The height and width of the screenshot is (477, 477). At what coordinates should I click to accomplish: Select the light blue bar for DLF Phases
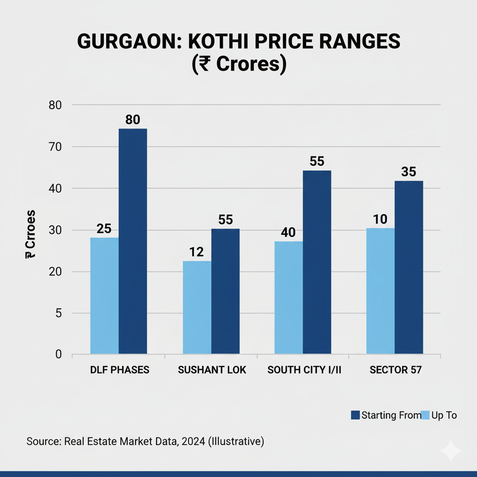[x=104, y=295]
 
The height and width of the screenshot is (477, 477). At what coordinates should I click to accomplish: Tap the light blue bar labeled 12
[x=197, y=307]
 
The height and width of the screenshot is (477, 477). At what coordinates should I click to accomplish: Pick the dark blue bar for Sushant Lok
[x=225, y=291]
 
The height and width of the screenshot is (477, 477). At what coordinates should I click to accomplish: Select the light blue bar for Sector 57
[x=380, y=291]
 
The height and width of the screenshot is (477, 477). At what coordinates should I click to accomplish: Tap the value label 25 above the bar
[x=104, y=229]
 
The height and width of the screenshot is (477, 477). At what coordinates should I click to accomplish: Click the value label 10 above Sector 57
[x=381, y=219]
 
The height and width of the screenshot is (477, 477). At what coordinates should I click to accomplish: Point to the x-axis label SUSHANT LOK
[x=212, y=370]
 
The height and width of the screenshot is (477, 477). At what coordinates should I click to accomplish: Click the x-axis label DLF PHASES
[x=119, y=370]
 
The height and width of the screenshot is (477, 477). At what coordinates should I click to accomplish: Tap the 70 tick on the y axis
[x=55, y=147]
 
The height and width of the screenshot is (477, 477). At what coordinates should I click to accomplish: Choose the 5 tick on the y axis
[x=58, y=313]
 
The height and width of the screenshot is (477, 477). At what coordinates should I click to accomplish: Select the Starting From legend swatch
[x=355, y=415]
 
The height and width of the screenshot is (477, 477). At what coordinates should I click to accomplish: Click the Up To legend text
[x=444, y=415]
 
